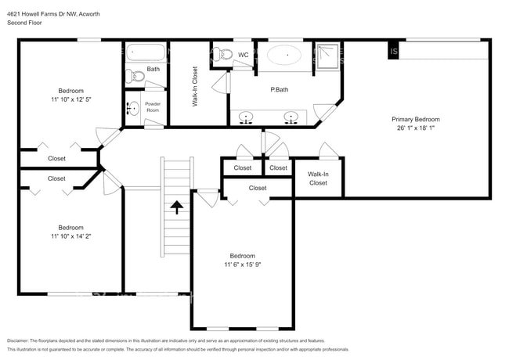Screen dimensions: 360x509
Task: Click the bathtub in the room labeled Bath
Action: pyautogui.click(x=146, y=54)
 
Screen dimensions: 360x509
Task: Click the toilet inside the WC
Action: pyautogui.click(x=222, y=55)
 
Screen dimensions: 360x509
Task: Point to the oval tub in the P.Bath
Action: pyautogui.click(x=285, y=56)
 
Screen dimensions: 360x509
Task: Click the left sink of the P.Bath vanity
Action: pyautogui.click(x=247, y=118)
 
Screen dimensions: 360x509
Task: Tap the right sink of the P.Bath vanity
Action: pyautogui.click(x=292, y=118)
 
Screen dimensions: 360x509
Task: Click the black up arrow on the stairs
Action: pyautogui.click(x=177, y=207)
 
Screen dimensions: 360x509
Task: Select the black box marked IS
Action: pyautogui.click(x=394, y=52)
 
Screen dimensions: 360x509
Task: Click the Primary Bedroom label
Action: pyautogui.click(x=415, y=119)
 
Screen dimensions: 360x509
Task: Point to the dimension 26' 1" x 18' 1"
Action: pyautogui.click(x=415, y=128)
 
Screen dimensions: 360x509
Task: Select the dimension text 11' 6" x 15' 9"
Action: pyautogui.click(x=242, y=265)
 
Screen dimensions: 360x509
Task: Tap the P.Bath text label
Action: pyautogui.click(x=277, y=90)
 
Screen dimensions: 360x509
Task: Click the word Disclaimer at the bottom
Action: pyautogui.click(x=17, y=341)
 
